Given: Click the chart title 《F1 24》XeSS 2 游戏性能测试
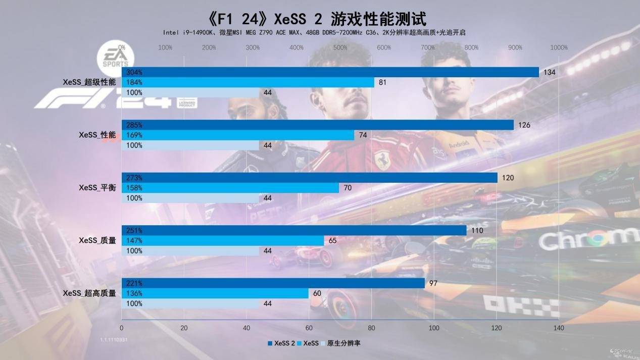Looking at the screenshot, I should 317,19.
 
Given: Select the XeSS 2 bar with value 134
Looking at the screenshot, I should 330,72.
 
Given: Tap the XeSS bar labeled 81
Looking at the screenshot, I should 248,82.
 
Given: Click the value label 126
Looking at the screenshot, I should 524,125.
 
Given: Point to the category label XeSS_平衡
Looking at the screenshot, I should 97,188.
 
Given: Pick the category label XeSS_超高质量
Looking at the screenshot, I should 89,293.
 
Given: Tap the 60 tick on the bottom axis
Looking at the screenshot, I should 309,328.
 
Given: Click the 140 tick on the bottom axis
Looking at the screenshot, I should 559,328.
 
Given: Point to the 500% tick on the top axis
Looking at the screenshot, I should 340,48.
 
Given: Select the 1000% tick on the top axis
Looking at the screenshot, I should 559,48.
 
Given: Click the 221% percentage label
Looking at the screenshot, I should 134,283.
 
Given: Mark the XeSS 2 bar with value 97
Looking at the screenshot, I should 273,283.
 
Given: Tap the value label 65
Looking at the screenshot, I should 332,240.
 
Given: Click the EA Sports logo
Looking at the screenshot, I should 116,57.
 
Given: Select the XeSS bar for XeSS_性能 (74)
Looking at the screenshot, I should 238,135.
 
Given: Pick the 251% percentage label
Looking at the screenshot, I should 134,230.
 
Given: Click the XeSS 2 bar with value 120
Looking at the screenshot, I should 309,178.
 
